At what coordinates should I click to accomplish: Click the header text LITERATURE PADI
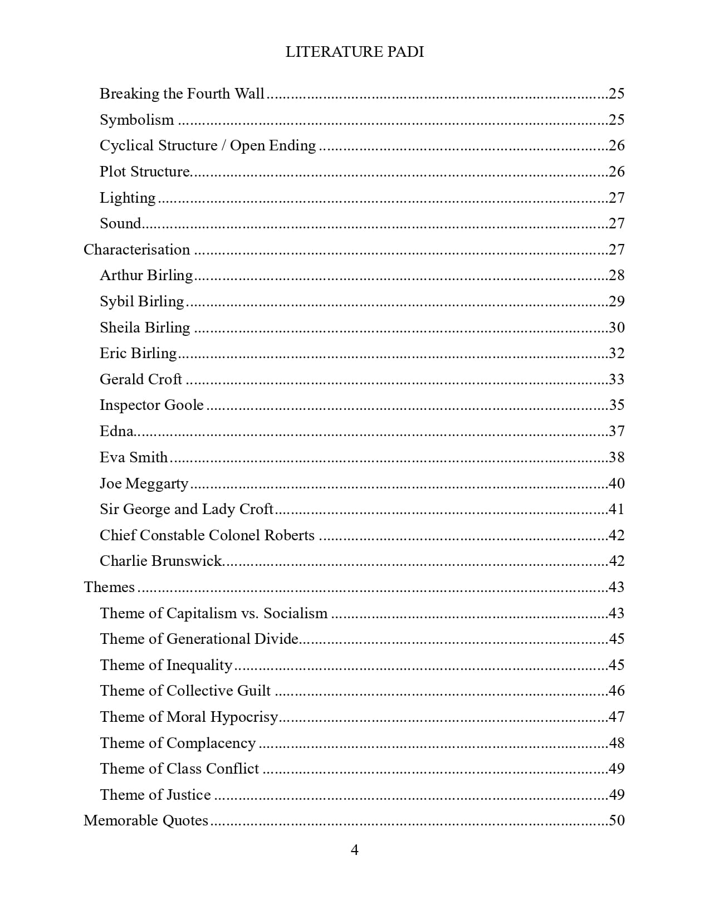pyautogui.click(x=355, y=52)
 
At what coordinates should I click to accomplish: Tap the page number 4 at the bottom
pyautogui.click(x=355, y=850)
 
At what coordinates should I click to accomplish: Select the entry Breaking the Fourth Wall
pyautogui.click(x=182, y=94)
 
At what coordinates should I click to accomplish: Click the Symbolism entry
pyautogui.click(x=136, y=120)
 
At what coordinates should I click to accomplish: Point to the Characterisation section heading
pyautogui.click(x=136, y=250)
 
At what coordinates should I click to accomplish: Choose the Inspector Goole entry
pyautogui.click(x=151, y=405)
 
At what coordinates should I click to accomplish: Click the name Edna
pyautogui.click(x=116, y=431)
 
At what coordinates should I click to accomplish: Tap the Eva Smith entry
pyautogui.click(x=134, y=457)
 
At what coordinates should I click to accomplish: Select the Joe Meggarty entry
pyautogui.click(x=144, y=483)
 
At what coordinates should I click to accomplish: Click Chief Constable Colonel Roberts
pyautogui.click(x=207, y=535)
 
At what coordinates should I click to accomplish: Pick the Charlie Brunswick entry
pyautogui.click(x=161, y=561)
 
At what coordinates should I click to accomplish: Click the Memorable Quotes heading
pyautogui.click(x=146, y=820)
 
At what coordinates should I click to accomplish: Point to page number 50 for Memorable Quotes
pyautogui.click(x=616, y=820)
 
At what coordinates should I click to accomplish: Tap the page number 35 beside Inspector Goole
pyautogui.click(x=616, y=405)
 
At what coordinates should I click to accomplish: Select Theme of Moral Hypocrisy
pyautogui.click(x=189, y=717)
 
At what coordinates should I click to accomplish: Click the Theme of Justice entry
pyautogui.click(x=155, y=795)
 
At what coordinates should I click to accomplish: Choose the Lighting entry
pyautogui.click(x=128, y=198)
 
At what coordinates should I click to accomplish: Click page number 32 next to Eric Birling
pyautogui.click(x=616, y=353)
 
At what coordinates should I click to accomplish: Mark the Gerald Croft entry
pyautogui.click(x=141, y=379)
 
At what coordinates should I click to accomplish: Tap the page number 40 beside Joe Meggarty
pyautogui.click(x=616, y=483)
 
